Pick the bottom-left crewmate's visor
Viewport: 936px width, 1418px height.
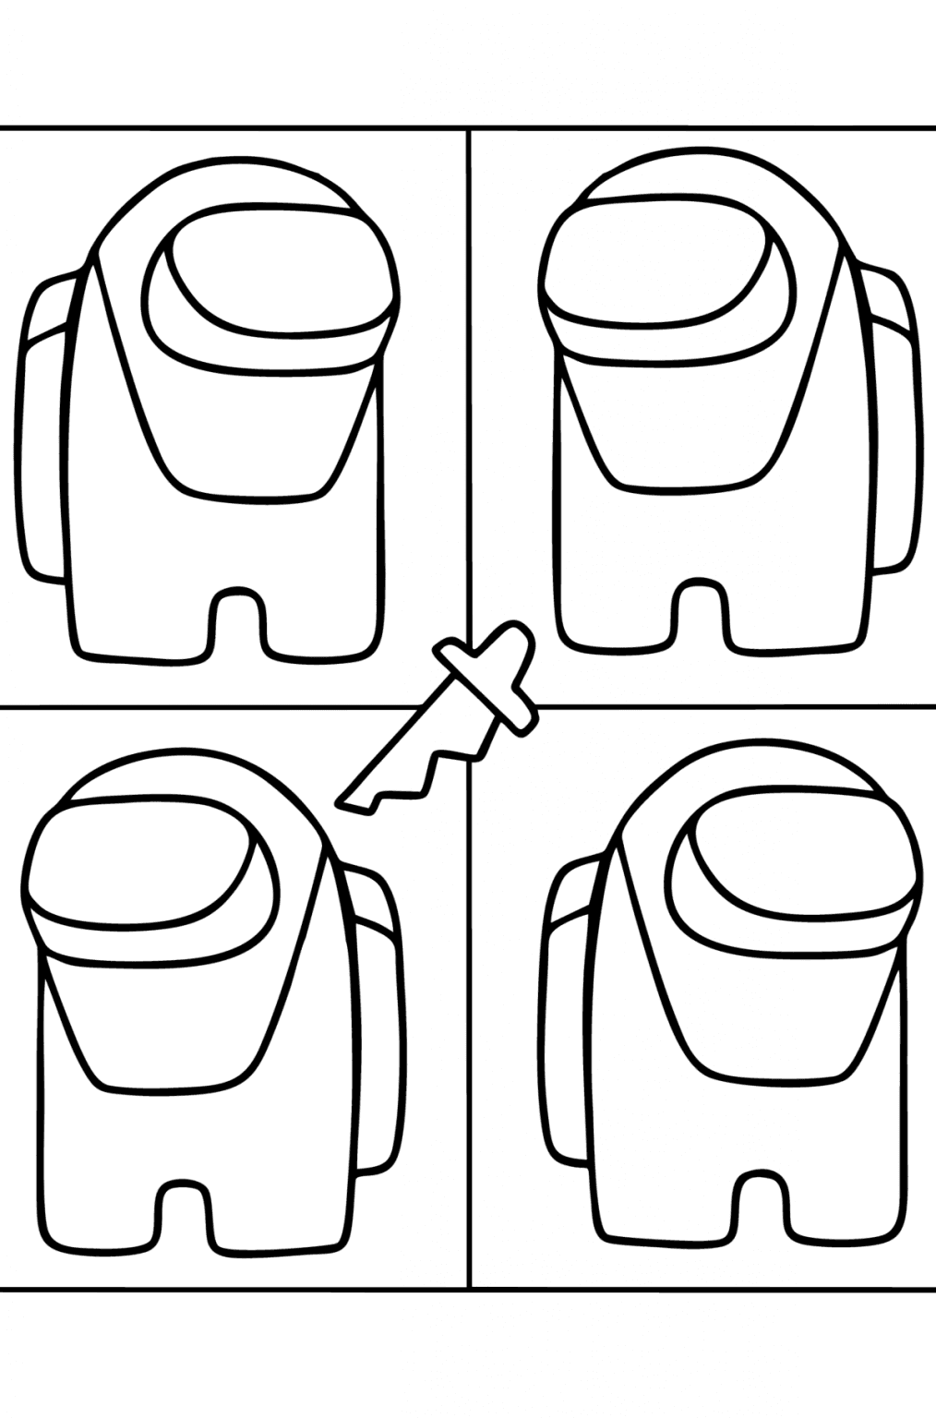[148, 872]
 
